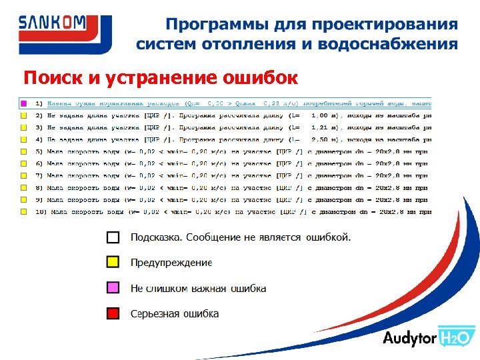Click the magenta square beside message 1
point(23,104)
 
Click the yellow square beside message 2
point(23,116)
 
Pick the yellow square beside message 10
point(23,211)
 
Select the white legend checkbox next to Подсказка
point(113,237)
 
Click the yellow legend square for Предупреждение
point(113,262)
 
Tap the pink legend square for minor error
point(113,288)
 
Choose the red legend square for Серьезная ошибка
point(113,313)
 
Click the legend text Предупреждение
point(171,262)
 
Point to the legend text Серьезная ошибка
point(175,313)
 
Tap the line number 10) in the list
point(39,211)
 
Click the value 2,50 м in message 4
point(325,140)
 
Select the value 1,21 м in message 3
point(325,128)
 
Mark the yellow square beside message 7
point(23,176)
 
